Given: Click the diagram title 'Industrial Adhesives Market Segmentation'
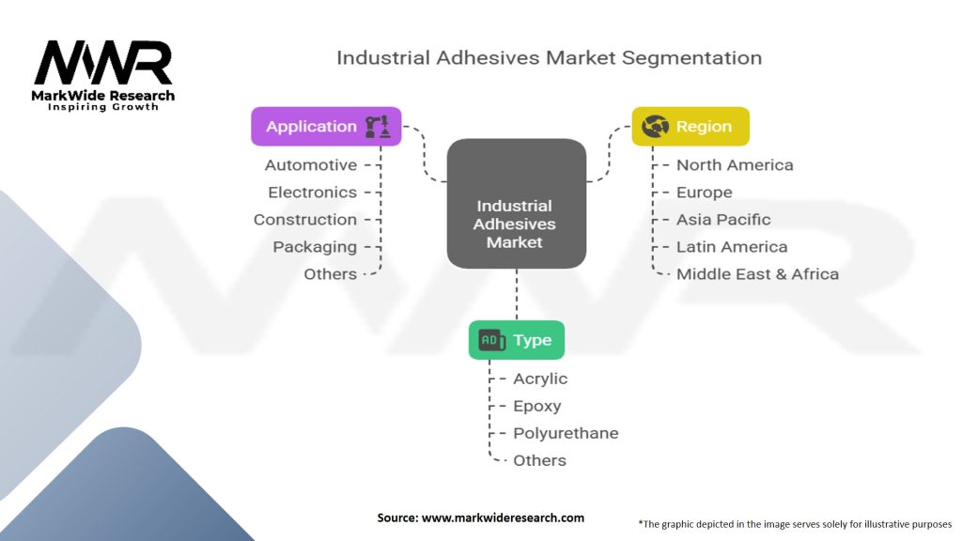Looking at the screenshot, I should (549, 57).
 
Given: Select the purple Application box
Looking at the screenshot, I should (325, 127).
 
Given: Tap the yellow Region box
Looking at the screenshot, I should (690, 127).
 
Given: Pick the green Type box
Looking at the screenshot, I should (516, 340).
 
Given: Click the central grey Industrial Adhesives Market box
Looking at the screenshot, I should (516, 224).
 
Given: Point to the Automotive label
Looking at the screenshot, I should (311, 165).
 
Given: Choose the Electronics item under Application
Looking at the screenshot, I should (313, 193).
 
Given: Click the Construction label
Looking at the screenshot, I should (305, 220).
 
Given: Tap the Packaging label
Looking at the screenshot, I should (315, 247).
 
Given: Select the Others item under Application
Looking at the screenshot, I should (331, 274).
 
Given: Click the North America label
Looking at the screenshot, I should (735, 165).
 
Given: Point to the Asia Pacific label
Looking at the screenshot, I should (723, 220).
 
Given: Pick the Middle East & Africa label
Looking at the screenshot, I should (757, 274).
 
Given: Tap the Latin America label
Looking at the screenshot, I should (732, 247).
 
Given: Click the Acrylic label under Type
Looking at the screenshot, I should (540, 379).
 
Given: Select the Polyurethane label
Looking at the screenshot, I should (566, 434).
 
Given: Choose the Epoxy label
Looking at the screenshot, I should (537, 407).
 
